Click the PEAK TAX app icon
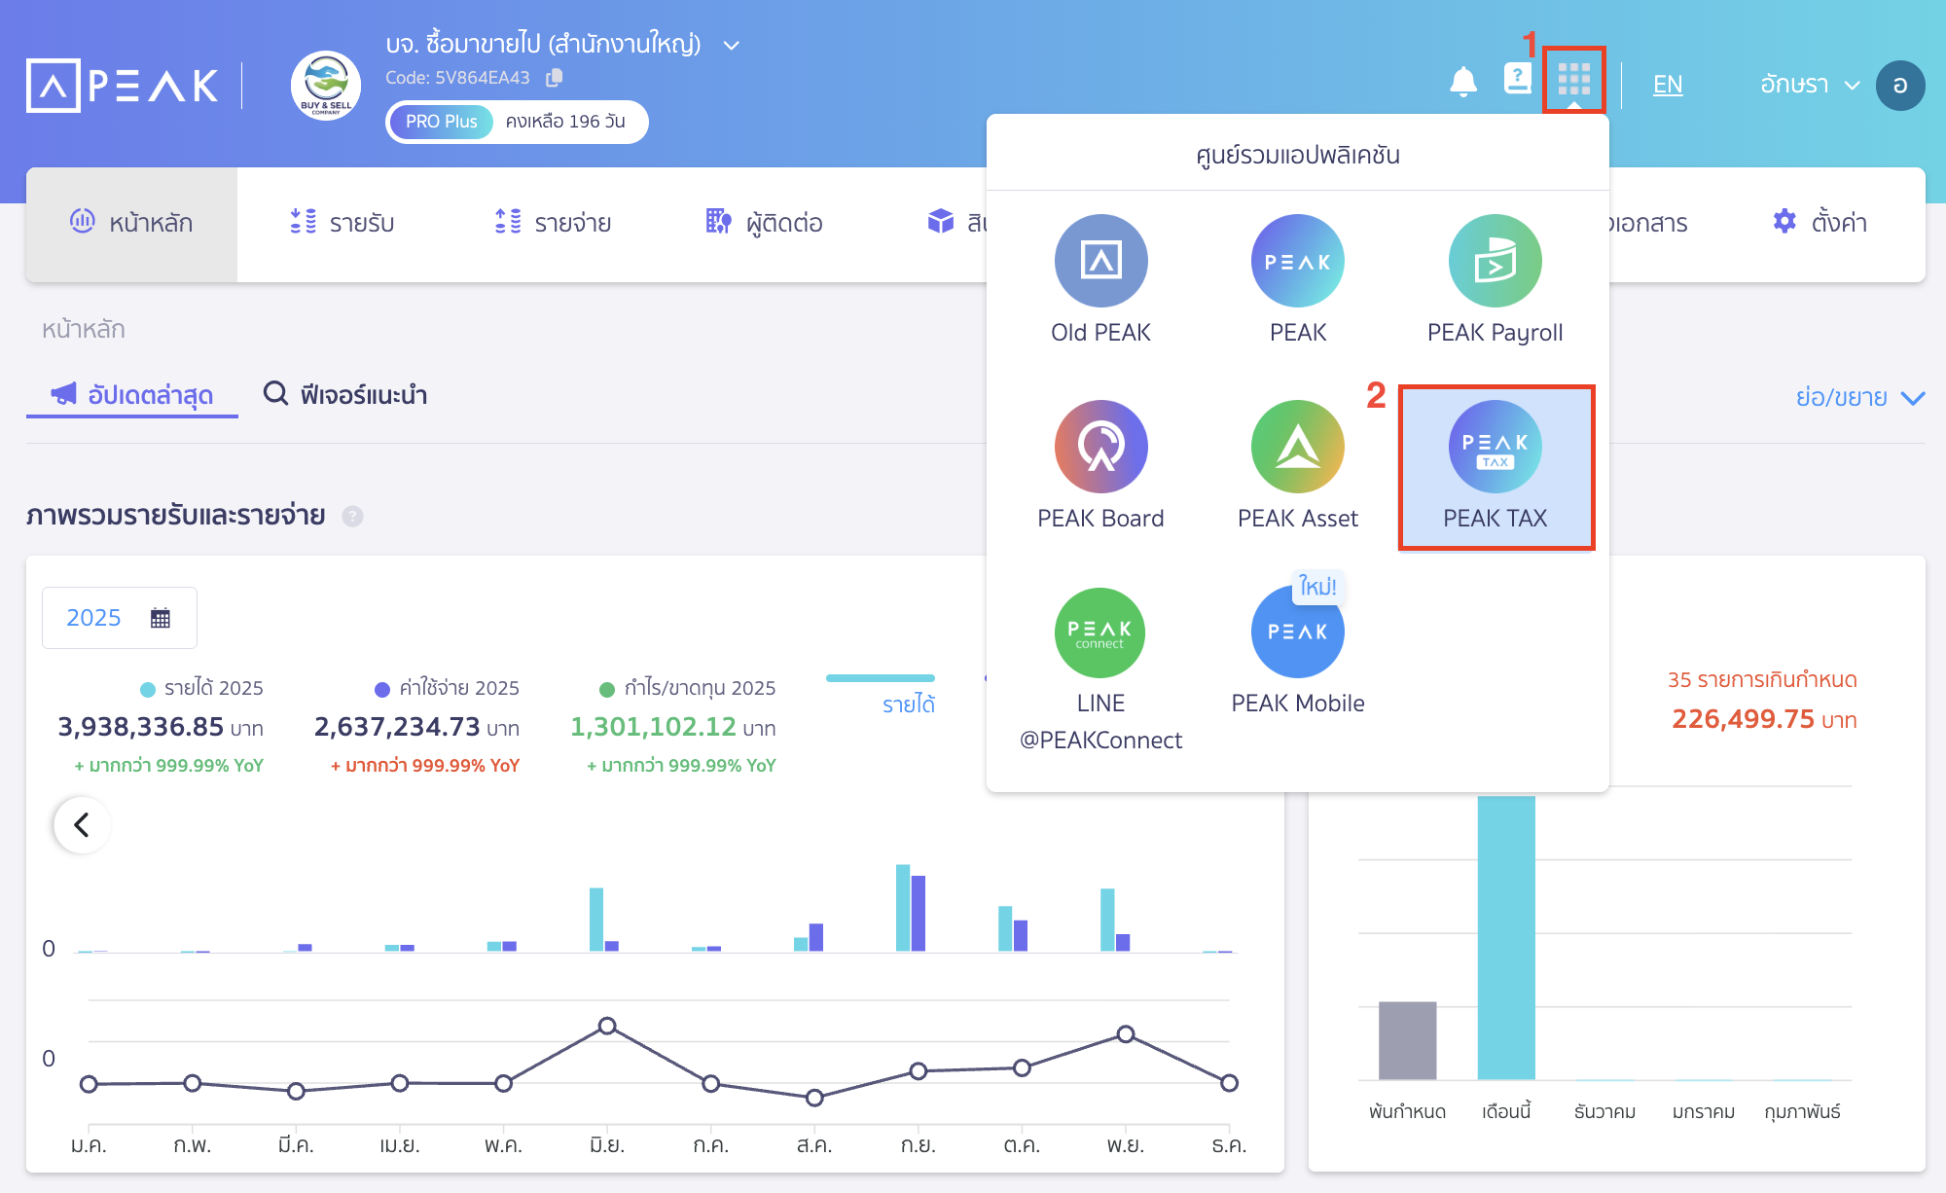coord(1495,447)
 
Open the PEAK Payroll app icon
coord(1495,261)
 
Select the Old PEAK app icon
coord(1100,261)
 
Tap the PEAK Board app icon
coord(1100,447)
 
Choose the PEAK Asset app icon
coord(1297,447)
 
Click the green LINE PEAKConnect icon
coord(1100,633)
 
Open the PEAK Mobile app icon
coord(1297,633)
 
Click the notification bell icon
coord(1462,82)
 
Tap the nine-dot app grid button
coord(1573,79)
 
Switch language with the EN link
coord(1667,85)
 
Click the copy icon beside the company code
coord(555,77)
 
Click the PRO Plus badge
coord(441,122)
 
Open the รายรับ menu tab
coord(342,223)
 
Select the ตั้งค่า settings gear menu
coord(1819,223)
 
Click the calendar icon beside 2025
coord(161,618)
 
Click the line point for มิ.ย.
coord(607,1026)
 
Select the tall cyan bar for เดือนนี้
coord(1505,934)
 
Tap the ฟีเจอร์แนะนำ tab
coord(345,394)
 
